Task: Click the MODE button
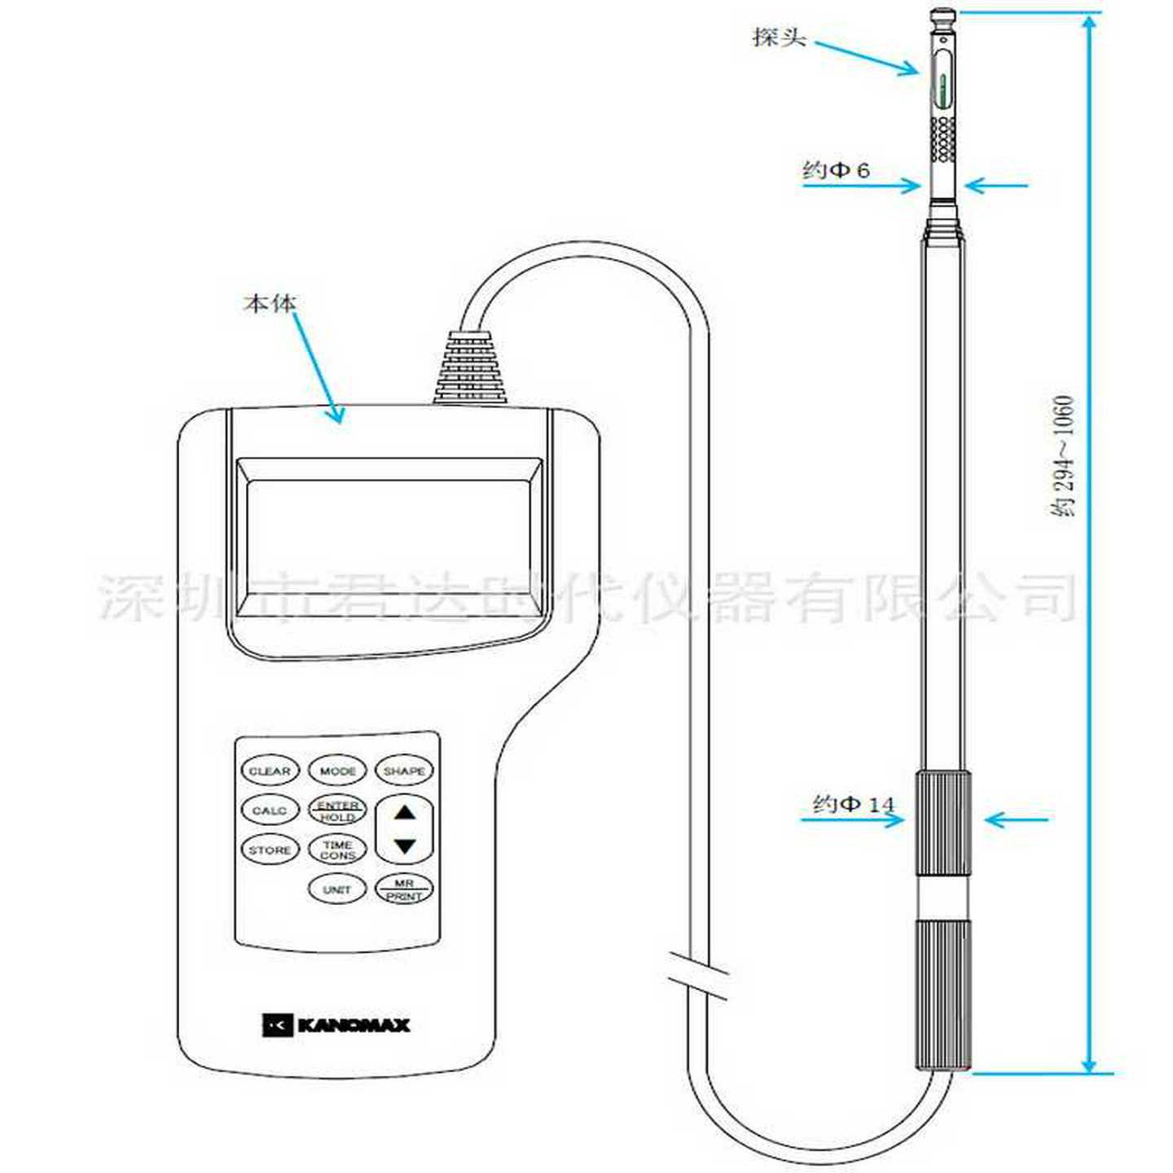(x=337, y=771)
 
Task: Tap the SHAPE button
(x=404, y=771)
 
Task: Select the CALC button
(x=270, y=811)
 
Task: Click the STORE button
(x=270, y=850)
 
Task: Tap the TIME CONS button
(x=337, y=850)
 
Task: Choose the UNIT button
(x=337, y=890)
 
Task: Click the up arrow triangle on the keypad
(x=405, y=812)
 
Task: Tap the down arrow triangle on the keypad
(x=405, y=846)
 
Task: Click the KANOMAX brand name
(x=353, y=1025)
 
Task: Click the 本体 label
(x=270, y=304)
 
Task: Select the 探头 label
(x=779, y=37)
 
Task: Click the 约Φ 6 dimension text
(x=836, y=170)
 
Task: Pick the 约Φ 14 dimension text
(x=853, y=805)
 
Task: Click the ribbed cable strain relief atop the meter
(x=472, y=368)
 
